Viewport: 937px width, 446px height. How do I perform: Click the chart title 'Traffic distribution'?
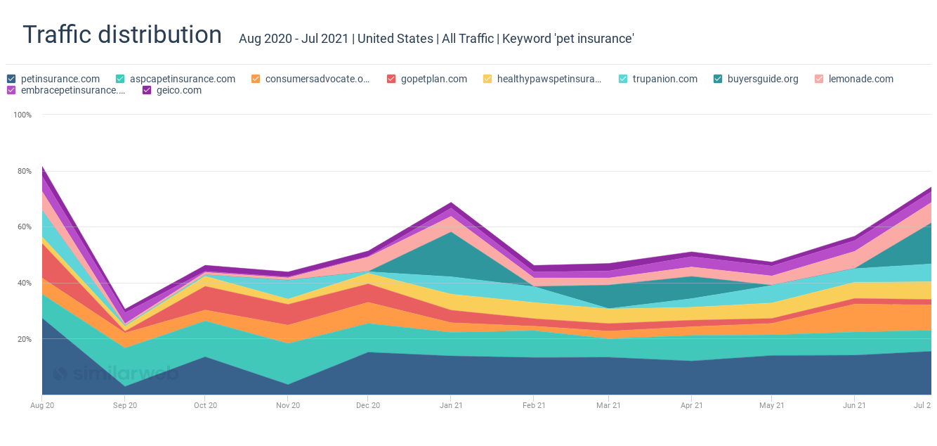(122, 34)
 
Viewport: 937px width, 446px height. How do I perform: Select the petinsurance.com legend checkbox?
(11, 79)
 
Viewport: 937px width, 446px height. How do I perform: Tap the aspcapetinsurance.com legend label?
(182, 79)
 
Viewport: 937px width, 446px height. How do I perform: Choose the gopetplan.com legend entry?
(433, 79)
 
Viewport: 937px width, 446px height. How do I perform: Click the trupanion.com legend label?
(664, 79)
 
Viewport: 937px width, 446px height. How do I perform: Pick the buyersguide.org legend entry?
(762, 79)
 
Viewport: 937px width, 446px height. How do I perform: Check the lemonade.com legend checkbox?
(819, 79)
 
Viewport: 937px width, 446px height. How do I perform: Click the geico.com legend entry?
(178, 90)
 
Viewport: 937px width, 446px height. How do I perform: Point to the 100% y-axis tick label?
(22, 115)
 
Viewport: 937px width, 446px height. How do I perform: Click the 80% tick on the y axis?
(25, 171)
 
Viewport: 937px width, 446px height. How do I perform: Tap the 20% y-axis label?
(25, 339)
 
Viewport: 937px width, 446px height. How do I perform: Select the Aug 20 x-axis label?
(42, 405)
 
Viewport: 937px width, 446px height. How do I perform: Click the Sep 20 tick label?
(125, 405)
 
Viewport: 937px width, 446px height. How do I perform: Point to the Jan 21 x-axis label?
(451, 405)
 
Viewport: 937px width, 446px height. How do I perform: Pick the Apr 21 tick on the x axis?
(692, 405)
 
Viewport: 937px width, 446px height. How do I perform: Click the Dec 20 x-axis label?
(367, 405)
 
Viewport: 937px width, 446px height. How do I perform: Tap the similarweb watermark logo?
(116, 374)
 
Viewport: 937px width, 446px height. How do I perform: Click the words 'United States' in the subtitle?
(395, 39)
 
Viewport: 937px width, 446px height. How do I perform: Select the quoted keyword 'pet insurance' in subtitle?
(594, 39)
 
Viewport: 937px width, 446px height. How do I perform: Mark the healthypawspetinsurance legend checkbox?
(487, 79)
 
